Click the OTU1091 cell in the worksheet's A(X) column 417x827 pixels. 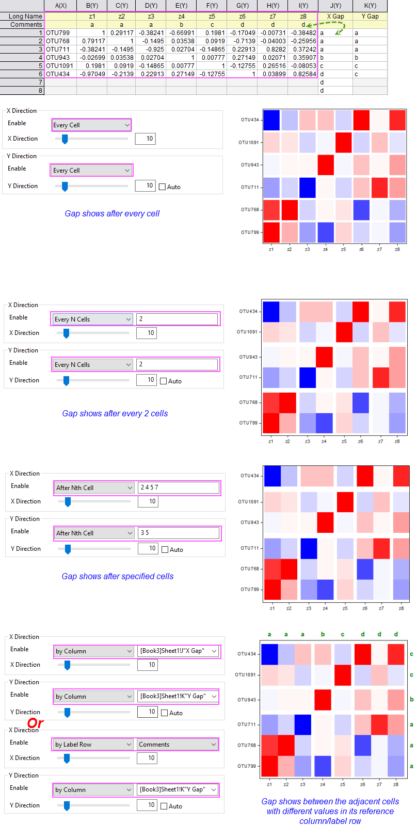(60, 66)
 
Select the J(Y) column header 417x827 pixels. (335, 6)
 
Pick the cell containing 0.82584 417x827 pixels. (303, 74)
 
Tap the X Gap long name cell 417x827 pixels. (335, 16)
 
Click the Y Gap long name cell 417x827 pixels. (370, 16)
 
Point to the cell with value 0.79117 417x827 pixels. (92, 41)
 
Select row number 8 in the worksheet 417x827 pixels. (22, 91)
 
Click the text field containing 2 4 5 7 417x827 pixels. (179, 487)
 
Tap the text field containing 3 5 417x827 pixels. (179, 533)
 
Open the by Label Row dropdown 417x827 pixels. (93, 745)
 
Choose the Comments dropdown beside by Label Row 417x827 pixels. (177, 745)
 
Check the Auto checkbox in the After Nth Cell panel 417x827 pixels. (165, 550)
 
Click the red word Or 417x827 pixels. (35, 723)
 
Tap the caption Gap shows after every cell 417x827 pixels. (113, 214)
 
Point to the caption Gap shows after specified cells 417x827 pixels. (118, 577)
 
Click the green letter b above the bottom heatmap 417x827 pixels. (323, 634)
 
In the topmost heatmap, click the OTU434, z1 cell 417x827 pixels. (271, 120)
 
